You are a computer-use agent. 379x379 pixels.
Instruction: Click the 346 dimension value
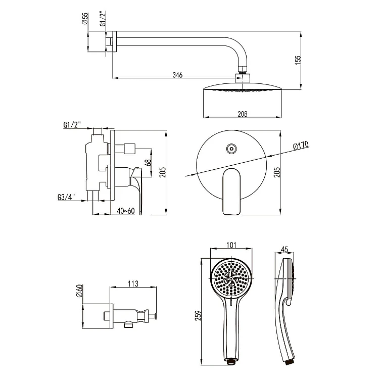point(177,75)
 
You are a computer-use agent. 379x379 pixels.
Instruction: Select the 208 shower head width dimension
point(243,114)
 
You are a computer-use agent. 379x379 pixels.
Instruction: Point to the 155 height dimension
point(298,60)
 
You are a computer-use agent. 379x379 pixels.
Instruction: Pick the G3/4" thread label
point(67,197)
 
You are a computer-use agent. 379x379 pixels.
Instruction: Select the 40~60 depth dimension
point(125,210)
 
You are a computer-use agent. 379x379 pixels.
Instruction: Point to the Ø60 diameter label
point(79,291)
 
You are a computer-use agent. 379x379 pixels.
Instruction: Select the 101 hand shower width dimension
point(230,246)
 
